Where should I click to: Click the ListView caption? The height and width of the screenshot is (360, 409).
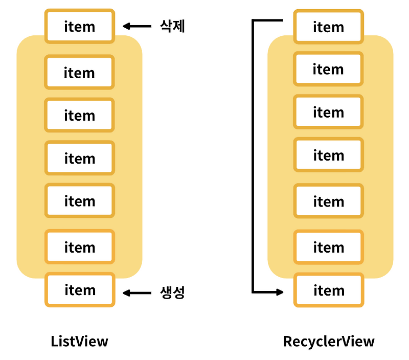[x=80, y=341]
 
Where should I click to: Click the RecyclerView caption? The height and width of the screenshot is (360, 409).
[x=329, y=341]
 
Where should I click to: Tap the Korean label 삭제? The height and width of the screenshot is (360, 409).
[x=172, y=26]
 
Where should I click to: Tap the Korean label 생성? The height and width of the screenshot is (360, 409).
[x=172, y=293]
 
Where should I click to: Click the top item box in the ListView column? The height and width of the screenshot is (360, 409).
[x=79, y=26]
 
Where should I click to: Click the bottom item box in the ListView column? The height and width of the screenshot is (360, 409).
[x=79, y=290]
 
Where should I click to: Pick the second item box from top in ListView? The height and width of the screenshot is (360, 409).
[x=79, y=73]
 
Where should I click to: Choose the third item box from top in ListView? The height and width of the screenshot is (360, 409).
[x=79, y=116]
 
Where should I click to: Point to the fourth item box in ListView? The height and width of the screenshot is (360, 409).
[x=79, y=159]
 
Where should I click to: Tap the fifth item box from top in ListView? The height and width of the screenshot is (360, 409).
[x=79, y=201]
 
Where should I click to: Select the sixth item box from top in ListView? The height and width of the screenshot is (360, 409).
[x=79, y=247]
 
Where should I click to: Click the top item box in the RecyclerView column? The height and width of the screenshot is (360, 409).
[x=328, y=26]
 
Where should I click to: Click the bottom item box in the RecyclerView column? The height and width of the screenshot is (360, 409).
[x=328, y=290]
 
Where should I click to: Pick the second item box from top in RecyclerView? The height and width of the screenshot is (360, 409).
[x=328, y=69]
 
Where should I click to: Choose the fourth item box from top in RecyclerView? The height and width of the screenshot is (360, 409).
[x=328, y=155]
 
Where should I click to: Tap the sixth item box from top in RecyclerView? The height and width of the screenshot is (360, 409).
[x=328, y=247]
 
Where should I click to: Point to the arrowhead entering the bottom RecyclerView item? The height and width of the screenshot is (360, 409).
[x=280, y=292]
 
